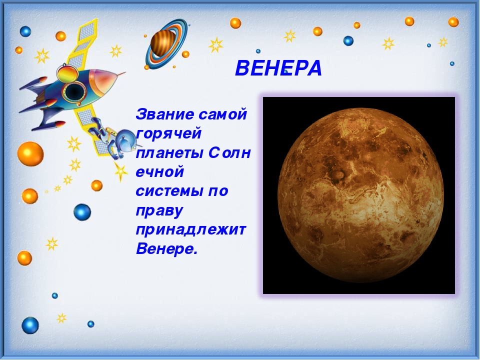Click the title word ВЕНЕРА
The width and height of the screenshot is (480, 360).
[x=278, y=68]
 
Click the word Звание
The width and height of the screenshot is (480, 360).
[x=164, y=114]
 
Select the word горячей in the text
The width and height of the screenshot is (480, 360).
[x=168, y=134]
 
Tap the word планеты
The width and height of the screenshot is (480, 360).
[x=169, y=153]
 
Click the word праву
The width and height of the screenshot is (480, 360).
[x=159, y=211]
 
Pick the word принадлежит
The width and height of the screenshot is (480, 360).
[x=190, y=229]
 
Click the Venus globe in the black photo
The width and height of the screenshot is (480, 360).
[x=360, y=195]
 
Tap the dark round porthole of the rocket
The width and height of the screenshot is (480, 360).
[x=74, y=91]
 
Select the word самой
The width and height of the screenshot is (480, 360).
[x=222, y=114]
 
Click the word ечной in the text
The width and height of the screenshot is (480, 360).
[x=159, y=171]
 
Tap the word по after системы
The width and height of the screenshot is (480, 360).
[x=218, y=191]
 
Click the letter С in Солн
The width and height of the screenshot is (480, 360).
[x=214, y=153]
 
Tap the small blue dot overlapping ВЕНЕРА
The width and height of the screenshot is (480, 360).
[x=286, y=72]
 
